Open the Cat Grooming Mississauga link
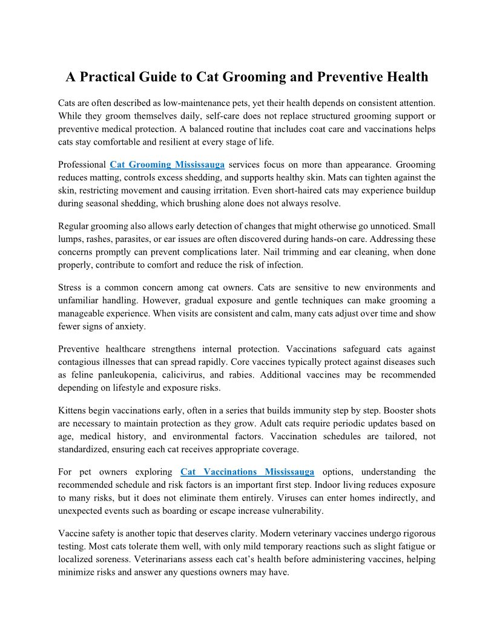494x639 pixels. tap(167, 165)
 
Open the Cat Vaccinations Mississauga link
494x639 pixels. tap(247, 471)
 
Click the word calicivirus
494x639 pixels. tap(194, 375)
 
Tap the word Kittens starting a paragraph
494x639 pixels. tap(73, 410)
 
